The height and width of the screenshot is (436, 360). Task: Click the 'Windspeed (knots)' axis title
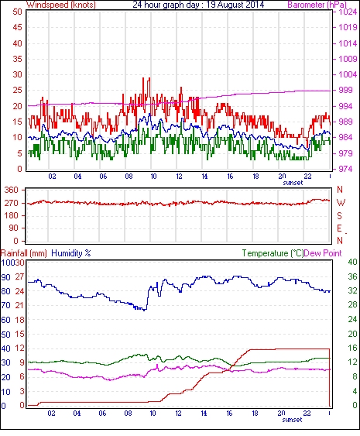click(60, 5)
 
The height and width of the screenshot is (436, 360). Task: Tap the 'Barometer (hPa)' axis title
click(317, 5)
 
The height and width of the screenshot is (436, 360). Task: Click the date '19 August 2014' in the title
click(234, 5)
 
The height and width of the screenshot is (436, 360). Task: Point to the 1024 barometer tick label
click(348, 12)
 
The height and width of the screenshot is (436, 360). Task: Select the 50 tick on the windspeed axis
click(17, 12)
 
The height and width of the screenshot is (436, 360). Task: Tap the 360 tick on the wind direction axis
click(12, 191)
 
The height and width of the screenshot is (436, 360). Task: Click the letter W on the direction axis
click(341, 203)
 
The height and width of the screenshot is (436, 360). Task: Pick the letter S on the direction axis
click(339, 215)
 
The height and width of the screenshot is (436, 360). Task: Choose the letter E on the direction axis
click(339, 228)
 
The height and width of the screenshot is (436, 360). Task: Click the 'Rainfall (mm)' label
click(24, 253)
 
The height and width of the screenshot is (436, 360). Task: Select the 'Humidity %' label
click(71, 253)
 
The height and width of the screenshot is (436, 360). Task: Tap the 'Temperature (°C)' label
click(273, 253)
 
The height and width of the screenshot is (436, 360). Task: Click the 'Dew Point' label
click(323, 253)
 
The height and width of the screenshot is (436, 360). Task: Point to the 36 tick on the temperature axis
click(352, 276)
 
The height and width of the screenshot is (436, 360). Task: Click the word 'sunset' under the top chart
click(293, 183)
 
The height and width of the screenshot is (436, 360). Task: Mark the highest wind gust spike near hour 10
click(149, 78)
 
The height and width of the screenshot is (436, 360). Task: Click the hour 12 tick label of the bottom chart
click(178, 414)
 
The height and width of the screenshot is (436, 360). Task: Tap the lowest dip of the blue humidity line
click(144, 311)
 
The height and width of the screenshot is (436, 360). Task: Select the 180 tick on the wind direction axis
click(12, 215)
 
